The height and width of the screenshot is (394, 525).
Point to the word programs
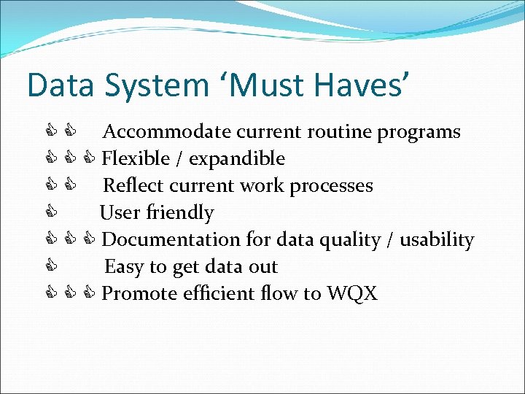pos(419,132)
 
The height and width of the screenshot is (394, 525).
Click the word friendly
pos(180,213)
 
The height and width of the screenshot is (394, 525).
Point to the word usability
pos(440,240)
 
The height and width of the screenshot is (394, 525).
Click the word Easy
pos(123,267)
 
